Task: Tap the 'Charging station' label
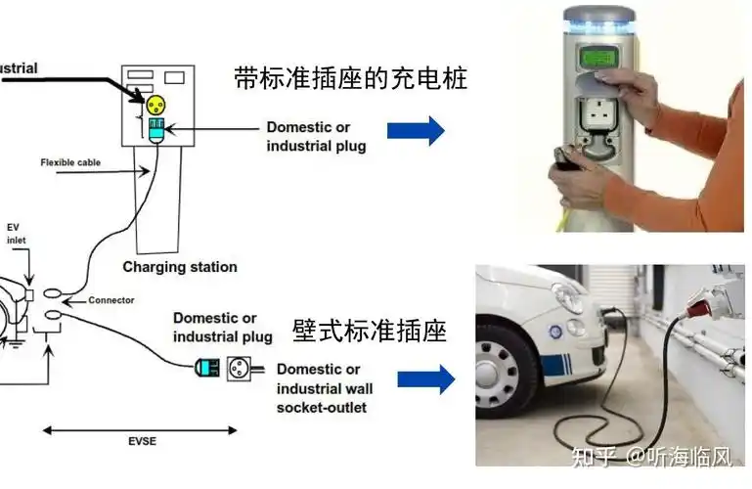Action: [x=179, y=266]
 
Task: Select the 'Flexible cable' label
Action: [x=69, y=162]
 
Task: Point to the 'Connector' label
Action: [x=111, y=300]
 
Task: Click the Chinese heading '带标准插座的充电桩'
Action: [x=350, y=79]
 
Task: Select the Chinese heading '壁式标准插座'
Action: [x=369, y=332]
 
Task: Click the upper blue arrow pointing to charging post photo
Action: [x=416, y=130]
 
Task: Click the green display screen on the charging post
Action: [x=598, y=58]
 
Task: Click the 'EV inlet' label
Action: [x=18, y=232]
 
